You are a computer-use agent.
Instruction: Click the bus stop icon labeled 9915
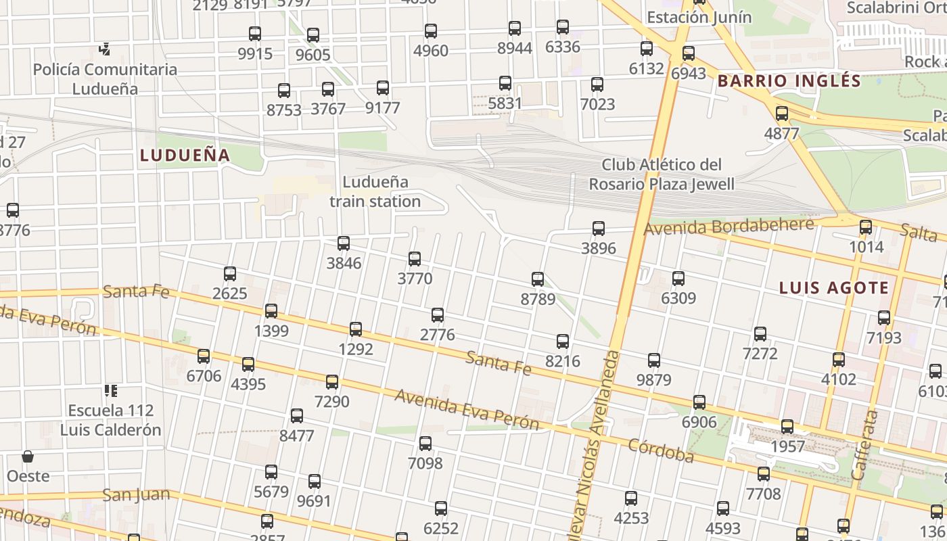point(255,34)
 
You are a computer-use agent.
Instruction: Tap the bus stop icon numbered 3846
point(344,243)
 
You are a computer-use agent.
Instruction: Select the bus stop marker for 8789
point(538,279)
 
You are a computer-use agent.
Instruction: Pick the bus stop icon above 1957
point(787,427)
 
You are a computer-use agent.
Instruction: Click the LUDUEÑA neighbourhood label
point(185,156)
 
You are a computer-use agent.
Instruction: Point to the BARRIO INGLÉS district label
point(789,81)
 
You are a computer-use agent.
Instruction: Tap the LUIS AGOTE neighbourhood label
point(834,288)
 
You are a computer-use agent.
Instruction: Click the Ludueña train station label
point(375,191)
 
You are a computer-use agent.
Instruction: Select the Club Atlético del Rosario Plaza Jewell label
point(662,174)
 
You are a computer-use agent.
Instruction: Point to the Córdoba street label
point(661,451)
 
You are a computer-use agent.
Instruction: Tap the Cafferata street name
point(865,444)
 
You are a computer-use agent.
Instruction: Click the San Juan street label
point(136,495)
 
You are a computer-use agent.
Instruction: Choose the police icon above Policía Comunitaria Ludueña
point(105,49)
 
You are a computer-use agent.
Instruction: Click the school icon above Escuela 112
point(111,391)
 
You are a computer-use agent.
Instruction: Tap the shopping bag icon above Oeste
point(28,456)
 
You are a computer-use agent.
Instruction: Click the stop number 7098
point(425,463)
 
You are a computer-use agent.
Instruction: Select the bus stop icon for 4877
point(782,114)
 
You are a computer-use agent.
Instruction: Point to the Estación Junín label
point(699,17)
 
